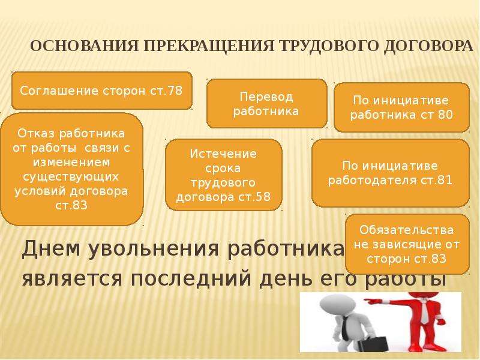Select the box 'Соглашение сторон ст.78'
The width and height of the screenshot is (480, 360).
pos(101,91)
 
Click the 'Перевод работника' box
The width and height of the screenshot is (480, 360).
pos(266,103)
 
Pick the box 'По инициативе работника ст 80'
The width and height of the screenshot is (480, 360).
pos(401,107)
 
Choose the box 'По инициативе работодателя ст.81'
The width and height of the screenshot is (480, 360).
pos(391,173)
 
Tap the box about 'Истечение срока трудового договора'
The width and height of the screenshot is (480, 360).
pos(223,175)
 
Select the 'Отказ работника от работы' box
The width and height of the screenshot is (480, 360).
pos(71,169)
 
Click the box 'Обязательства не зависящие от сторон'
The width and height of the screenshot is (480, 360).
pos(407,244)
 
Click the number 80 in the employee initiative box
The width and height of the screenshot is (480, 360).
pos(445,115)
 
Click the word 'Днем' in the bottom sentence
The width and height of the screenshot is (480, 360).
pos(52,248)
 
